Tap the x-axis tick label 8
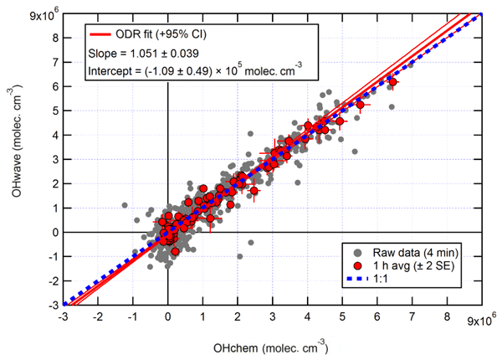tap(448, 318)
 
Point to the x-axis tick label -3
tap(63, 318)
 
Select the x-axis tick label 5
tap(342, 318)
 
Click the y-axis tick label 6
tap(54, 85)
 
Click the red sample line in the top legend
tap(105, 35)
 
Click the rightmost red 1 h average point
tap(392, 81)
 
